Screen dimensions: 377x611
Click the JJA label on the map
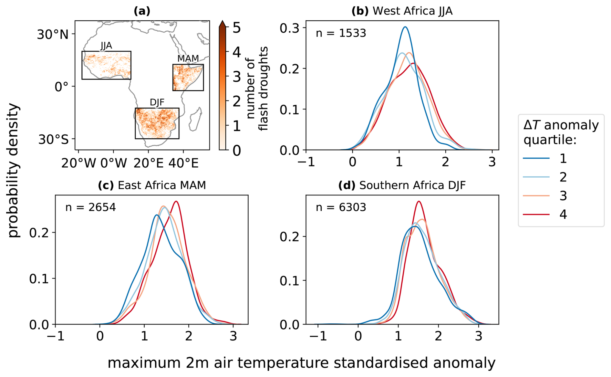tap(106, 46)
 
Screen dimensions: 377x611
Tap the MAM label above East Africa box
tap(188, 58)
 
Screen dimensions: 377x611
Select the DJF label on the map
tap(157, 102)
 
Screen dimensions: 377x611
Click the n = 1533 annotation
tap(341, 33)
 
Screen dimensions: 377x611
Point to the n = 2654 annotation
tap(90, 207)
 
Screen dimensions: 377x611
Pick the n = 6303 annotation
tap(341, 207)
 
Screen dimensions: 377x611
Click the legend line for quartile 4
tap(536, 214)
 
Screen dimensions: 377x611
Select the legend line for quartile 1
tap(536, 158)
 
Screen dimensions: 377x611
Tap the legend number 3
tap(563, 196)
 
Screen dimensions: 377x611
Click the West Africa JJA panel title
tap(402, 11)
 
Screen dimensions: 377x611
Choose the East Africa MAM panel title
tap(152, 185)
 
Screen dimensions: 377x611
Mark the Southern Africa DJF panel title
tap(402, 185)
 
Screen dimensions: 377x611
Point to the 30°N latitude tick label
tap(53, 34)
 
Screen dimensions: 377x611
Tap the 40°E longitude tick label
tap(183, 163)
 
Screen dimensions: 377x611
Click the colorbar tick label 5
tap(237, 28)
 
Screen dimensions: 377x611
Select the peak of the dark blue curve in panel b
tap(405, 27)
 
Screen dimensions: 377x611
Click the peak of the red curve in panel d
tap(419, 201)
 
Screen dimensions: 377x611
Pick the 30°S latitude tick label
tap(54, 140)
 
